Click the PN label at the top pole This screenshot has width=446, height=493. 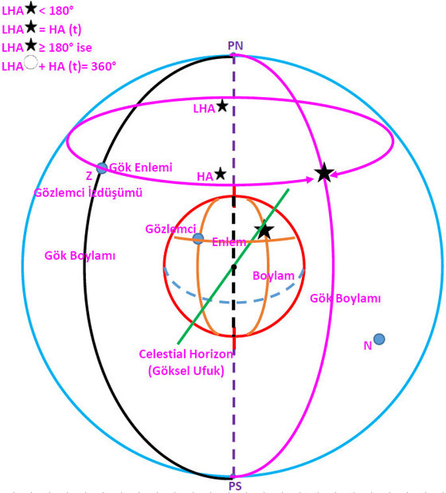coord(236,46)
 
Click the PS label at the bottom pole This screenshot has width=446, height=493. coord(235,486)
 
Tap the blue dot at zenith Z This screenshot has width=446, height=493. coord(101,168)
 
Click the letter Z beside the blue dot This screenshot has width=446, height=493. coord(89,176)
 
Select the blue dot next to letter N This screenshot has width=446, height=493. coord(379,339)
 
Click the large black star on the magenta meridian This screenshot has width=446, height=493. coord(324,172)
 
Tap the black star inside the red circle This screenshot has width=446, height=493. coord(264,230)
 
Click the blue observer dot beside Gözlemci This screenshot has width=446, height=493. coord(198,239)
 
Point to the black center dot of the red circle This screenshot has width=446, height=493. coord(234,267)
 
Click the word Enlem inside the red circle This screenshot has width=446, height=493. coord(229,242)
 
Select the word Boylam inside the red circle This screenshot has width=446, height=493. coord(273,276)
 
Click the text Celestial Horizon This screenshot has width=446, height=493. coord(186,354)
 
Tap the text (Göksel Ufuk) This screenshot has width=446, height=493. coord(186,371)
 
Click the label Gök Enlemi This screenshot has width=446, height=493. coord(141,167)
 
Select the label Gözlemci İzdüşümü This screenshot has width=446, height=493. coord(88,192)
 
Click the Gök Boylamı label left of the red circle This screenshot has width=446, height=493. coord(80,256)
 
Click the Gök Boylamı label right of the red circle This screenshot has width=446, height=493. coord(345,299)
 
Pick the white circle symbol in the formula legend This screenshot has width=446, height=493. coord(31,62)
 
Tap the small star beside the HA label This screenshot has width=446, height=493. coord(221,174)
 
